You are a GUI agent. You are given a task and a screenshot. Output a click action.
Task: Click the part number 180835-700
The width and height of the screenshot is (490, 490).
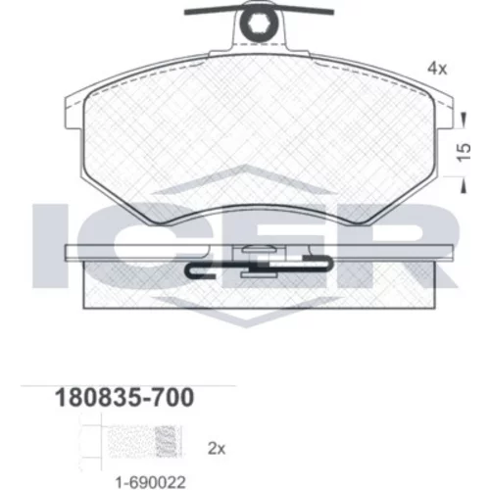[x=124, y=398]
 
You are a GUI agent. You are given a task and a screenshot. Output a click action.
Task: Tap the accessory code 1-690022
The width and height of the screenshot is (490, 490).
[x=151, y=482]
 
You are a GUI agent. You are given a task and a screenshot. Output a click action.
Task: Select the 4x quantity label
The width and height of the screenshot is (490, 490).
[x=437, y=69]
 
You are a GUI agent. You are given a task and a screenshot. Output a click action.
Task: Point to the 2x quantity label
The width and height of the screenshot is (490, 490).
[x=217, y=449]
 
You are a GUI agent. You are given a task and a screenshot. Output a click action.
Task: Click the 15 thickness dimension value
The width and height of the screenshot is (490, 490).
[x=464, y=152]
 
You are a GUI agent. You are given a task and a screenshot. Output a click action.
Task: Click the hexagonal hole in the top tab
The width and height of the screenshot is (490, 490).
[x=259, y=23]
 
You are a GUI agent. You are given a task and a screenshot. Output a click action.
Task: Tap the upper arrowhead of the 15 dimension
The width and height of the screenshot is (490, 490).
[x=464, y=120]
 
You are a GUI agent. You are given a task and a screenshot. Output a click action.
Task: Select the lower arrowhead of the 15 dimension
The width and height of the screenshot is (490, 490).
[x=464, y=185]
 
